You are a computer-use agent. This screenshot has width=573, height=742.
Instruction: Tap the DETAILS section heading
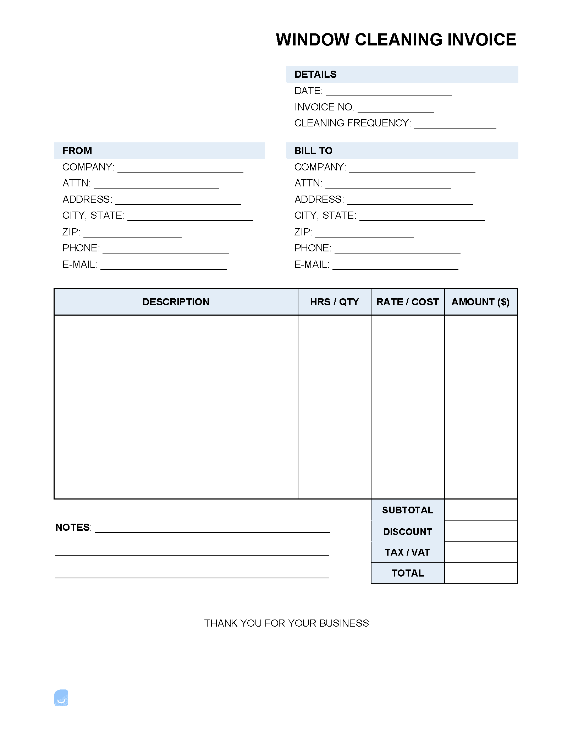[315, 75]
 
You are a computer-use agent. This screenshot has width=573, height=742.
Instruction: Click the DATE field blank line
[389, 93]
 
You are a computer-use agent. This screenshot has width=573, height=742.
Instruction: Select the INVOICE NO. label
[324, 107]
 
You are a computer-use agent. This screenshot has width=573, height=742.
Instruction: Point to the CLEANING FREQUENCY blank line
[455, 125]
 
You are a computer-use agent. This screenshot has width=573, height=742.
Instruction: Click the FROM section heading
[77, 151]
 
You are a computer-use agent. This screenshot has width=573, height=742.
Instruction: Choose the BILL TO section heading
[313, 151]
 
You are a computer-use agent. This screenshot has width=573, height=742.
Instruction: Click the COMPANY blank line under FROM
[180, 169]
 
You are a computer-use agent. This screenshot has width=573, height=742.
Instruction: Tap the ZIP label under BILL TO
[303, 232]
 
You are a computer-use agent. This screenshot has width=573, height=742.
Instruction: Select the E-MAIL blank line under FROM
[164, 267]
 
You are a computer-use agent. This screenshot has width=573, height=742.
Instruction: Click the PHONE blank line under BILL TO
[397, 250]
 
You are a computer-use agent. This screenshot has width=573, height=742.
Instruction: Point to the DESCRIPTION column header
[176, 302]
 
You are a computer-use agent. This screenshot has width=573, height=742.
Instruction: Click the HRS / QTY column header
[335, 302]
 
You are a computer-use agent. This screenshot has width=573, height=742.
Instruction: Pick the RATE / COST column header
[408, 302]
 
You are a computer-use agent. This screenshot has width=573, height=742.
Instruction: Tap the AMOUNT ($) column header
[480, 302]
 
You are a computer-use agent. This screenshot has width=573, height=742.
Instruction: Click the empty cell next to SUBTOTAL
[481, 510]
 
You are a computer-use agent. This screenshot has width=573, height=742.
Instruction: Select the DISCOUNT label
[408, 532]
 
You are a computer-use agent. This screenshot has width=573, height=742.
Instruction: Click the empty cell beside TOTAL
[481, 573]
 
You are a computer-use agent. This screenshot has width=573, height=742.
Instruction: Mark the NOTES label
[73, 528]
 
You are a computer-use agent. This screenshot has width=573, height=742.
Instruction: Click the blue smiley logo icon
[61, 698]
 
